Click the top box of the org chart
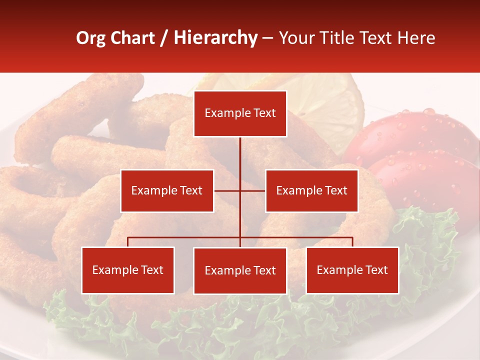(x=240, y=113)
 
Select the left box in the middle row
(x=167, y=190)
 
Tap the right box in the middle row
(x=311, y=190)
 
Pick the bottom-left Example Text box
(x=128, y=270)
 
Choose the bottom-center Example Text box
(x=240, y=270)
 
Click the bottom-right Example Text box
(x=352, y=270)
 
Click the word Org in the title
(x=90, y=38)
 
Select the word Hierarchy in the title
(x=215, y=38)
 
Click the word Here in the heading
(x=416, y=38)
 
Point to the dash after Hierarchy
(x=267, y=38)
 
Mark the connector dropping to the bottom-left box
(x=128, y=242)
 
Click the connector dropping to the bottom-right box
(x=352, y=242)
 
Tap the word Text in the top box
(x=264, y=113)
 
